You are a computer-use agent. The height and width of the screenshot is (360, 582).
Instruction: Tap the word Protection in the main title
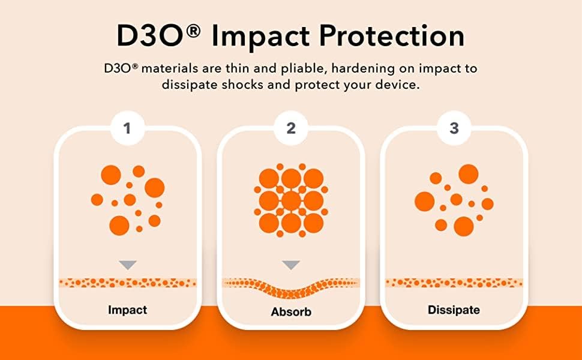tap(392, 36)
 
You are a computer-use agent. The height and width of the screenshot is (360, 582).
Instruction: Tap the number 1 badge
tap(127, 128)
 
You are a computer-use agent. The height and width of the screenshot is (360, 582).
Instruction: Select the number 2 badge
tap(291, 128)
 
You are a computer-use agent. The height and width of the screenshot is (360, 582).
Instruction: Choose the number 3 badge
tap(454, 128)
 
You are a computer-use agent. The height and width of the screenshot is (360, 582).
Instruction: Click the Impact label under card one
tap(127, 310)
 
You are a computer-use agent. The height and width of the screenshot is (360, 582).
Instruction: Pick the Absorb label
tap(291, 311)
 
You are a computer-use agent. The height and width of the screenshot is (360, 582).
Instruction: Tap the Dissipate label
tap(454, 310)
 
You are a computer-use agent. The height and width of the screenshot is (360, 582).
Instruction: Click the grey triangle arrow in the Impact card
tap(128, 265)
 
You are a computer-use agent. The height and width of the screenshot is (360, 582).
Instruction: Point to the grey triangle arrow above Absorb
tap(291, 265)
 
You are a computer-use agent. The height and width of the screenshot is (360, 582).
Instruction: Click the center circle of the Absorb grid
tap(291, 201)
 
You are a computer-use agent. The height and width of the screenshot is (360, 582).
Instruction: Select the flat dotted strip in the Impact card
tap(128, 283)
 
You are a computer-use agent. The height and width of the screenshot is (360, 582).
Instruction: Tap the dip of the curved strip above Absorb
tap(291, 293)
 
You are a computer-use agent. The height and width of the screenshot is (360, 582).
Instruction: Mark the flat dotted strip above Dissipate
tap(454, 283)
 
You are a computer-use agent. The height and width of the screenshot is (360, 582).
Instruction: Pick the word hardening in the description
tap(358, 69)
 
